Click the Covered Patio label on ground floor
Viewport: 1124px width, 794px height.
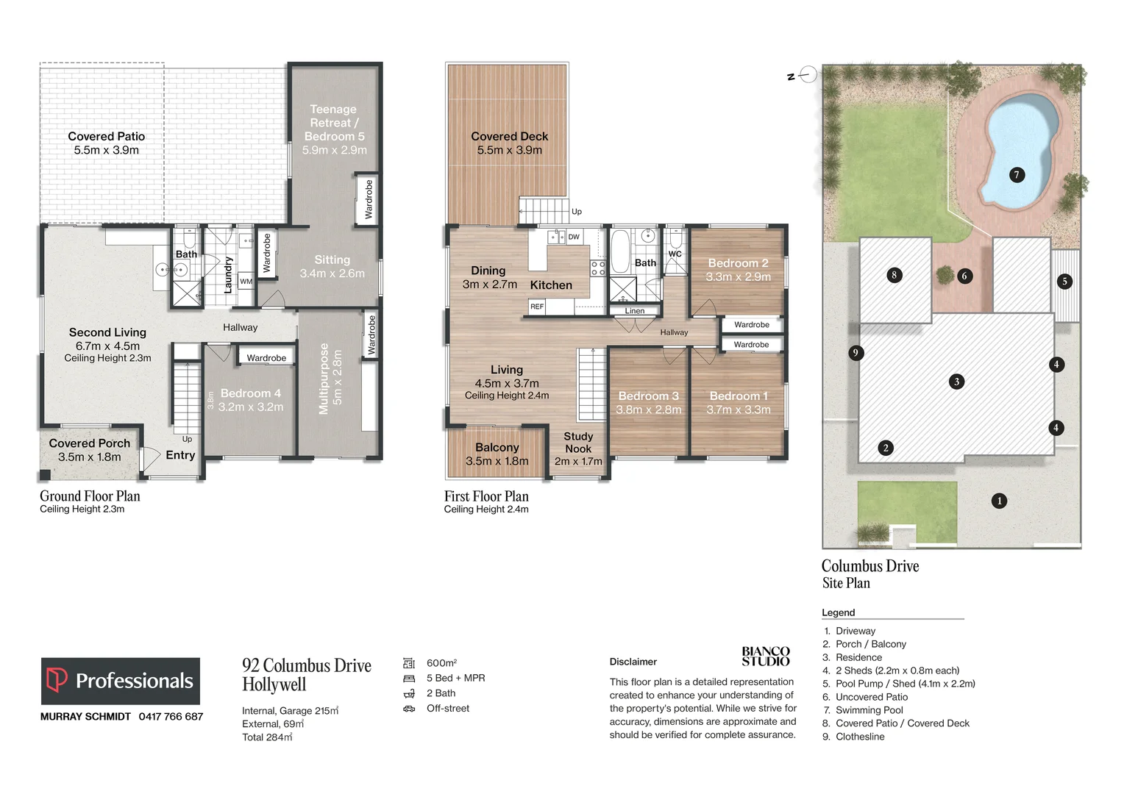pyautogui.click(x=107, y=137)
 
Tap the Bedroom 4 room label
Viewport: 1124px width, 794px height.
pyautogui.click(x=250, y=394)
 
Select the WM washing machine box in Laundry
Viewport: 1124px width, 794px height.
pyautogui.click(x=246, y=281)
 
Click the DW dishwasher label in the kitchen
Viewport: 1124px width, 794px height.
pyautogui.click(x=574, y=237)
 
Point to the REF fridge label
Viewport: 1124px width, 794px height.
pyautogui.click(x=537, y=307)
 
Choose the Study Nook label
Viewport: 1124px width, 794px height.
pyautogui.click(x=578, y=443)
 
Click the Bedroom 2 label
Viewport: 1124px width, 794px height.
pyautogui.click(x=738, y=263)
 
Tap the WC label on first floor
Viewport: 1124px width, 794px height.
pyautogui.click(x=675, y=254)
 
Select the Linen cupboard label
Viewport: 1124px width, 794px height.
pyautogui.click(x=635, y=311)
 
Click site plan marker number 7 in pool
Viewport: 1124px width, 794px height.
pyautogui.click(x=1017, y=175)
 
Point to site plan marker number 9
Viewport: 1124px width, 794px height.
pyautogui.click(x=855, y=353)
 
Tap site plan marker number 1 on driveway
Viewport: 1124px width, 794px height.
pyautogui.click(x=999, y=501)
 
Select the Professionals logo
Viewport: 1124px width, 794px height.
pyautogui.click(x=121, y=681)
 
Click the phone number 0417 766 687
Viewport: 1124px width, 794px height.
pyautogui.click(x=171, y=716)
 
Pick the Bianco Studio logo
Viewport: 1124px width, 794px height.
pyautogui.click(x=765, y=656)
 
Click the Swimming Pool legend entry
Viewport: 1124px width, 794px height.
pyautogui.click(x=869, y=710)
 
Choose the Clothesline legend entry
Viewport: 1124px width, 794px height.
pyautogui.click(x=860, y=737)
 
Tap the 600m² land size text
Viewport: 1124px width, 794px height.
pyautogui.click(x=441, y=663)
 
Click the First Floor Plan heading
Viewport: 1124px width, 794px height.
pyautogui.click(x=486, y=496)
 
